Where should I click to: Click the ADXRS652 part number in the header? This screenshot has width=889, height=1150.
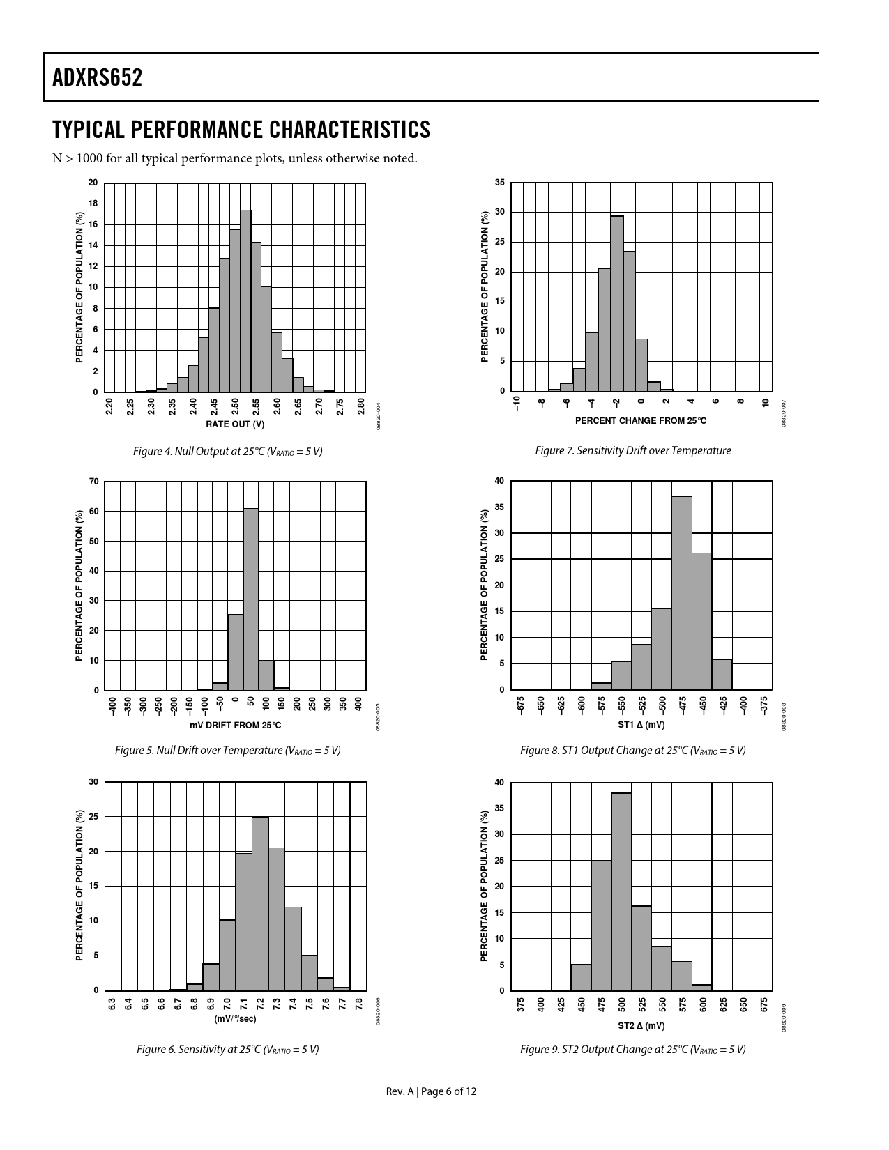(x=97, y=77)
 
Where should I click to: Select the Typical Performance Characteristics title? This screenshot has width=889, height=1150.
(x=241, y=130)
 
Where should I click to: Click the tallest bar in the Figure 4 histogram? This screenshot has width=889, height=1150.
(x=245, y=300)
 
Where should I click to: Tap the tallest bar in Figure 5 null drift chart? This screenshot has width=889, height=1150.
(x=251, y=599)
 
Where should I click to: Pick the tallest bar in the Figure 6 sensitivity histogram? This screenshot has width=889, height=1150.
(x=260, y=903)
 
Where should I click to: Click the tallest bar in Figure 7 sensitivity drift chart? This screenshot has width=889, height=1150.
(x=616, y=303)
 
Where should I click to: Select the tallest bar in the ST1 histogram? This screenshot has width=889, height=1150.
(x=681, y=592)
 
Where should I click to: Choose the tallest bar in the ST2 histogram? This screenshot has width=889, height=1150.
(x=621, y=891)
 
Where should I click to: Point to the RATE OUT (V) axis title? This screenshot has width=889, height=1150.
(x=235, y=424)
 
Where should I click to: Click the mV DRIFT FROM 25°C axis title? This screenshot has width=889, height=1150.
(x=235, y=725)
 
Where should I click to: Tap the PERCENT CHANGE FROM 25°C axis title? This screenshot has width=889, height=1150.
(x=641, y=420)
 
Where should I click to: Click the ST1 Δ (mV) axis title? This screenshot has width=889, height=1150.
(x=641, y=725)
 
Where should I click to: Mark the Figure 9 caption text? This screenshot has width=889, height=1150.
(x=632, y=1049)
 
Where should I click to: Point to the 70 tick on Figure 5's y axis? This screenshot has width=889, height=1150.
(x=93, y=482)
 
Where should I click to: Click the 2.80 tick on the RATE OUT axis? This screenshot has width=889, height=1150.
(x=360, y=406)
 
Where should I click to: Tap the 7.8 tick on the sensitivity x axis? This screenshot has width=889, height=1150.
(x=358, y=1004)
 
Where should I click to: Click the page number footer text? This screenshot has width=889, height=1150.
(x=431, y=1091)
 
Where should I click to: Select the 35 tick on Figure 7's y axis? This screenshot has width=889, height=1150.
(x=499, y=183)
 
